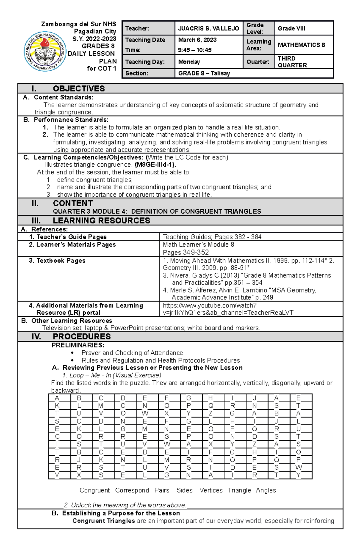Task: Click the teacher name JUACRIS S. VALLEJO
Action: coord(208,28)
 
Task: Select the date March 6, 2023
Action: coord(197,40)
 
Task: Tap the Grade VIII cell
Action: coord(291,28)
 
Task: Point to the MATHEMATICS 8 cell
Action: coord(301,45)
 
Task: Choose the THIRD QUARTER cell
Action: coord(292,62)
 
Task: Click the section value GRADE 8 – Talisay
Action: coord(204,73)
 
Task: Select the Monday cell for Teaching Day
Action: coord(189,62)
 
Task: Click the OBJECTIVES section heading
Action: coord(79,89)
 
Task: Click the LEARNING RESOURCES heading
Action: coord(101,221)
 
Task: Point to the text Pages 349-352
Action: coord(186,252)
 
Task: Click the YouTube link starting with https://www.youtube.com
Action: coord(210,305)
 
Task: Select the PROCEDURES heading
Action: coord(82,336)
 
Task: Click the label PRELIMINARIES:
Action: coord(78,345)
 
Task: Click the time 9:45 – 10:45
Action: coord(195,50)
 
